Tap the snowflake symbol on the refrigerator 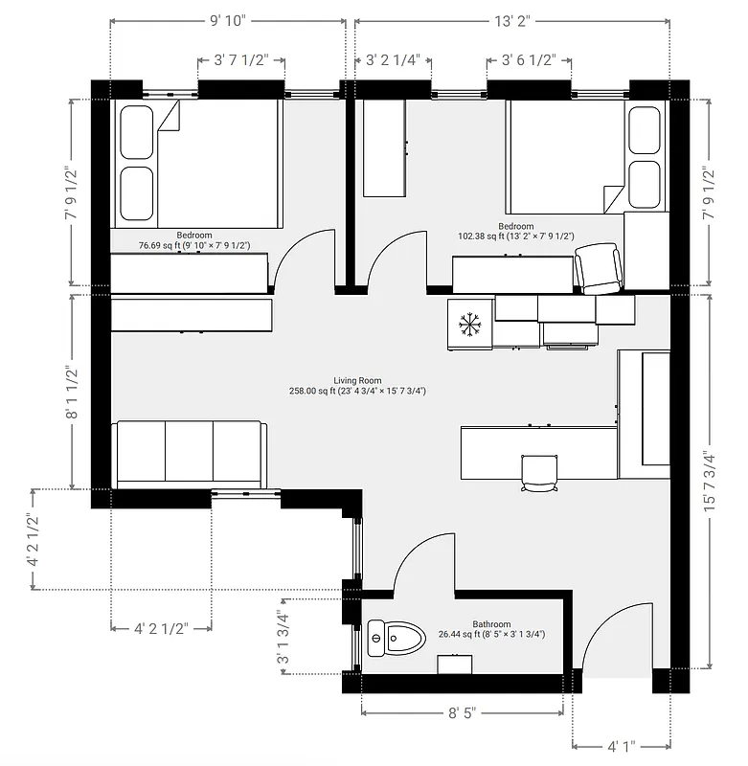pos(469,324)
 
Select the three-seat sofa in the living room pos(190,454)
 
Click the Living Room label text pos(357,380)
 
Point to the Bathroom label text pos(491,624)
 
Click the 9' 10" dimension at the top pos(227,20)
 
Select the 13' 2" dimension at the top pos(512,20)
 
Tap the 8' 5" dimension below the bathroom pos(462,713)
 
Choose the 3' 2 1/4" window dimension pos(393,59)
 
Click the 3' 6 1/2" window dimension pos(529,59)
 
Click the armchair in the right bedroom pos(599,269)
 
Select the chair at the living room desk pos(538,471)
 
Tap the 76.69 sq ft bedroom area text pos(194,246)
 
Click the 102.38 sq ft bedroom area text pos(515,237)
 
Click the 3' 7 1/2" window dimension pos(240,59)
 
